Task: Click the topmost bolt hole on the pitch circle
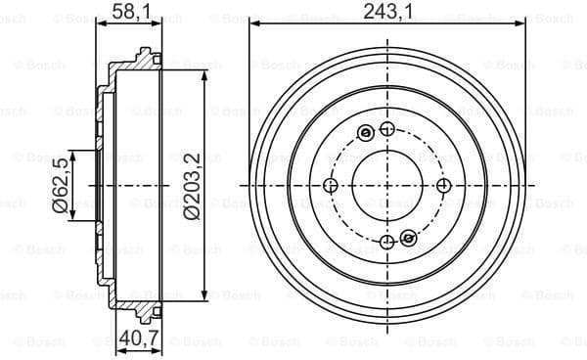point(387,130)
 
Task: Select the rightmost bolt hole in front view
point(443,186)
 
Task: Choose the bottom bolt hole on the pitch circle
point(387,242)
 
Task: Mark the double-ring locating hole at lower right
point(408,238)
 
